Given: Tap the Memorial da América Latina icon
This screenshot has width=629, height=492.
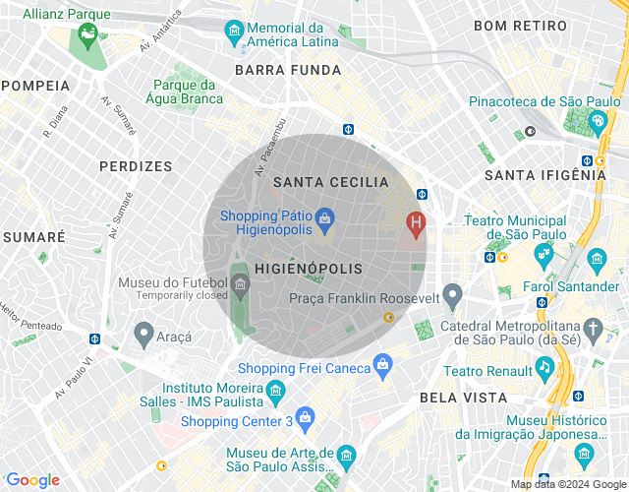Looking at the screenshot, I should [x=236, y=31].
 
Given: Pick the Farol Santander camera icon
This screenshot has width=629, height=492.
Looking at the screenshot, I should [x=596, y=260].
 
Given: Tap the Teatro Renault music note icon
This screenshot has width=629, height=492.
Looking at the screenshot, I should [x=543, y=368].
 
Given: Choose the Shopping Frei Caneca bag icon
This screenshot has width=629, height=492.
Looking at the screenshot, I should [x=382, y=367].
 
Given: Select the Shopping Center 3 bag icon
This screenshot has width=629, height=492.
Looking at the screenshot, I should [x=305, y=417].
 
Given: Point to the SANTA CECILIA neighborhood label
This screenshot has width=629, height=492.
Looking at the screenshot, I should [x=330, y=182].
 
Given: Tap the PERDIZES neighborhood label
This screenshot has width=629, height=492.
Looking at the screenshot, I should [x=136, y=166].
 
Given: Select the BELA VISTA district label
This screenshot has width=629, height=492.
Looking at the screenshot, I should [x=463, y=398].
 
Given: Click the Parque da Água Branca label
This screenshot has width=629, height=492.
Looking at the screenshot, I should [x=184, y=91].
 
